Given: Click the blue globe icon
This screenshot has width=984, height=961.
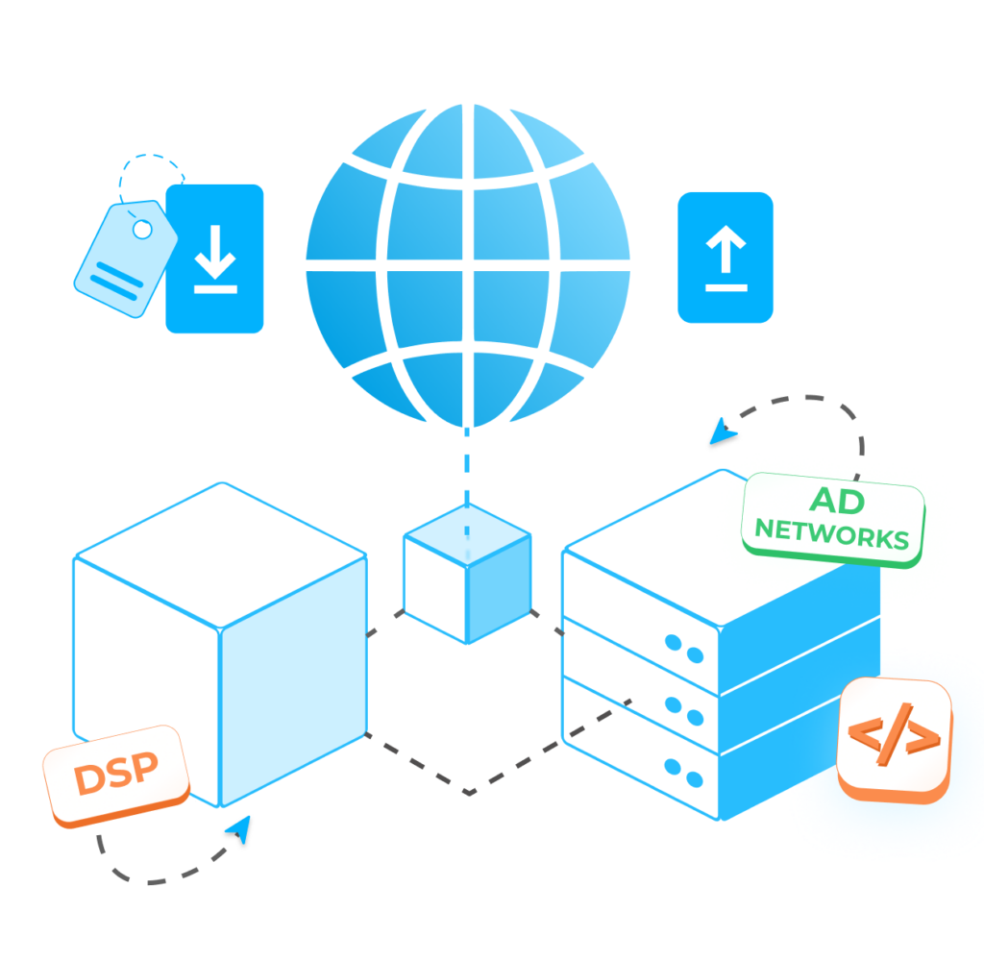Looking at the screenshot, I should point(468,263).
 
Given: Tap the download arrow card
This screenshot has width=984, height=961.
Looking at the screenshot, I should point(214,259).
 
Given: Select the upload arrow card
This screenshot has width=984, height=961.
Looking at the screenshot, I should point(726,257).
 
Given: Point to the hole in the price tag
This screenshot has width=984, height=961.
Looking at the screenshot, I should point(142,230).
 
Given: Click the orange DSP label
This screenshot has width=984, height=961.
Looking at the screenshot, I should point(116,774).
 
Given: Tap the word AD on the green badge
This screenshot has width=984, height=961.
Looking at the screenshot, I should point(837,500).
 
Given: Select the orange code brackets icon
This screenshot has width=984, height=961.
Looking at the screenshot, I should point(894,737).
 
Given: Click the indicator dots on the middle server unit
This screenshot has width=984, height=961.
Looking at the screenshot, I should point(684,710).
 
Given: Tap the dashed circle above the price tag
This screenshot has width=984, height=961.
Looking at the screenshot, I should point(151,181).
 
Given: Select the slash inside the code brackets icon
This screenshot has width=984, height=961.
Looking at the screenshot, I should point(894,736).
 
